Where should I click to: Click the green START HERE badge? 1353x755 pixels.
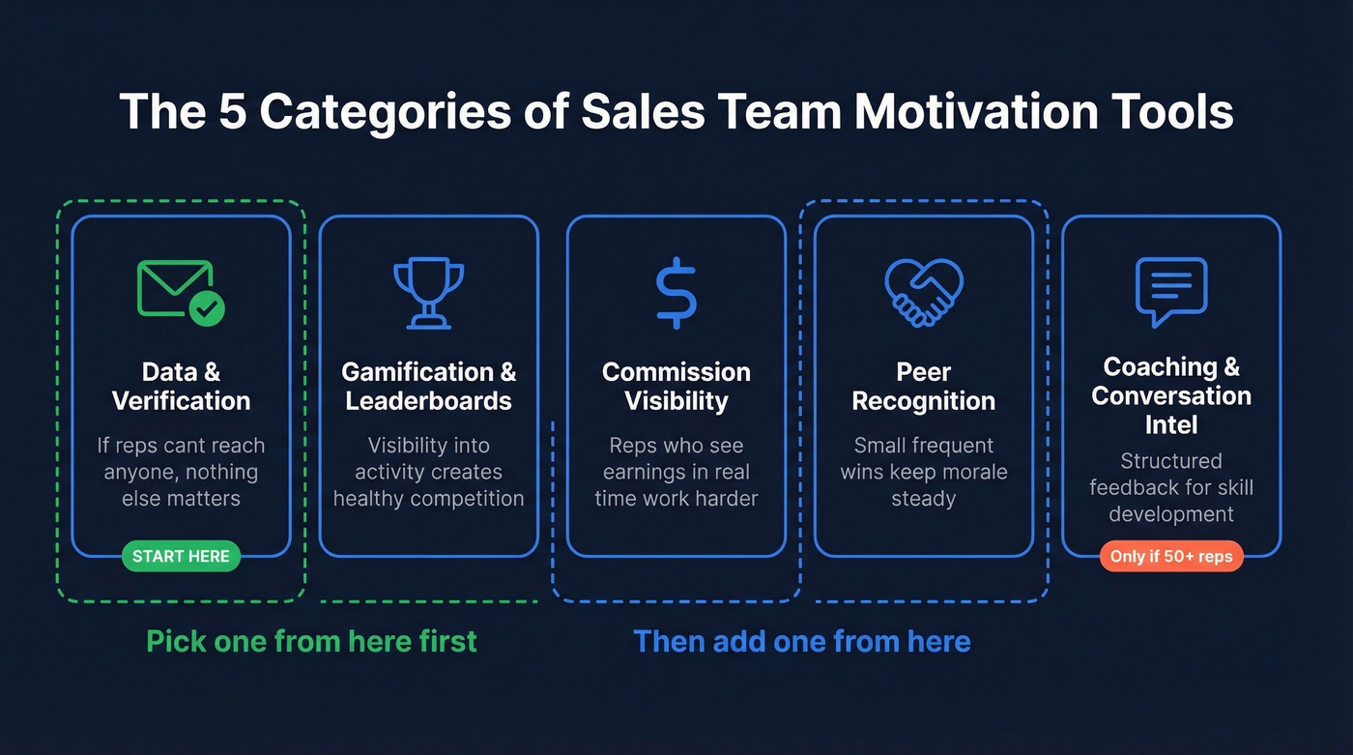click(181, 556)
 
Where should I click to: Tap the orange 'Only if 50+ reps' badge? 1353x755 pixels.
click(1171, 556)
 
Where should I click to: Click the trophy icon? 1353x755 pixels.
click(428, 292)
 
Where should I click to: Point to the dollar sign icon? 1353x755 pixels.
click(676, 290)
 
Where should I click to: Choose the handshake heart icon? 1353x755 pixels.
click(923, 292)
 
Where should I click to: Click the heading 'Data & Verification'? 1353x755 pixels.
click(181, 387)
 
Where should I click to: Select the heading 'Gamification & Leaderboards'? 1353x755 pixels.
click(428, 387)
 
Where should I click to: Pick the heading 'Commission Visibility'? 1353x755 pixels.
click(676, 387)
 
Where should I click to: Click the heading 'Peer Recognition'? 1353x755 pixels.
click(923, 387)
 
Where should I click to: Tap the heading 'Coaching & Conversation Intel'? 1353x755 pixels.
click(1171, 395)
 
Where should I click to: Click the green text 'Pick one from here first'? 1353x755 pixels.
click(311, 641)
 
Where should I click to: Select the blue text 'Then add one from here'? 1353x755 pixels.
click(801, 641)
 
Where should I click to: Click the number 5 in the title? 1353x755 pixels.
click(232, 111)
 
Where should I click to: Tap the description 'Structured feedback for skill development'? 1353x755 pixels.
click(1171, 487)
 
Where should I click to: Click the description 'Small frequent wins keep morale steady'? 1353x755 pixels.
click(923, 472)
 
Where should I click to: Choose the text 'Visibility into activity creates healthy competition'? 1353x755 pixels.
click(428, 472)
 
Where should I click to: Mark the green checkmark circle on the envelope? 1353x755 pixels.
click(207, 309)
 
